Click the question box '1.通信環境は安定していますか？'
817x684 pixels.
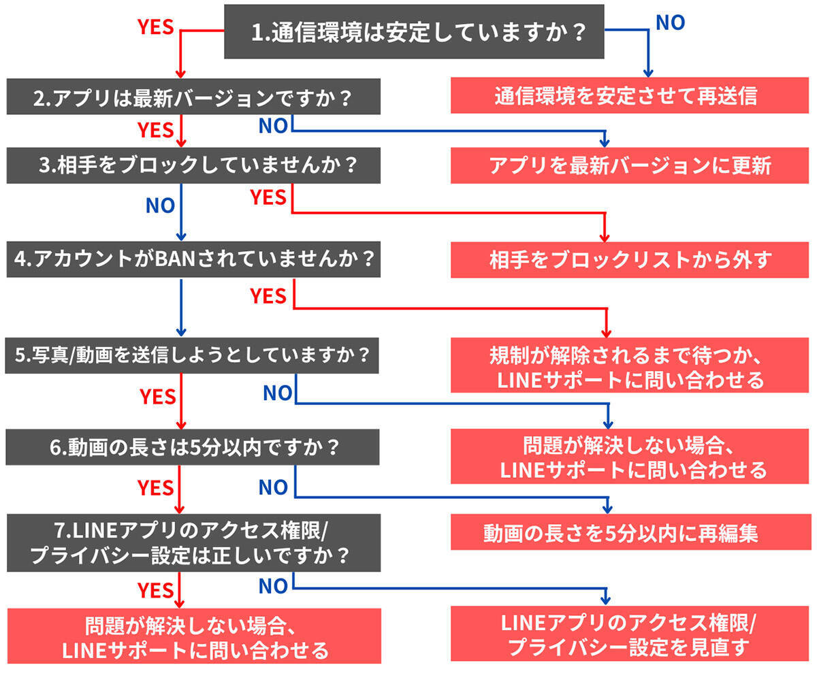click(x=414, y=32)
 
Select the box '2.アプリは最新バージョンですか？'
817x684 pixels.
click(x=193, y=97)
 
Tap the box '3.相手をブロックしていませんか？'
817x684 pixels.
click(x=193, y=165)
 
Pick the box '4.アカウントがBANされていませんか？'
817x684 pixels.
click(x=193, y=259)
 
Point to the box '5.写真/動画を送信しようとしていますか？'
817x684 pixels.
click(x=193, y=355)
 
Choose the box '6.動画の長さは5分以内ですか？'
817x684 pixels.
click(x=193, y=447)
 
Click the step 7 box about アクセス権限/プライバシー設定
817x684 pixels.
click(x=193, y=542)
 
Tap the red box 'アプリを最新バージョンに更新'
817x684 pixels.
click(x=630, y=165)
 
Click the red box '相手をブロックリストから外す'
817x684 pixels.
click(x=630, y=259)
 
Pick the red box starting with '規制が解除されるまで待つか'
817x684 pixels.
click(x=630, y=367)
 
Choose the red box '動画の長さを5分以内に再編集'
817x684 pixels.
click(x=630, y=532)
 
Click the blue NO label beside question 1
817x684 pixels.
click(x=670, y=22)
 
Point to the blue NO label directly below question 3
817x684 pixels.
click(x=160, y=205)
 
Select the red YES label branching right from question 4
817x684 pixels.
click(x=268, y=295)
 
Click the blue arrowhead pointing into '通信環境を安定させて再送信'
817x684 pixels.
click(x=648, y=71)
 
